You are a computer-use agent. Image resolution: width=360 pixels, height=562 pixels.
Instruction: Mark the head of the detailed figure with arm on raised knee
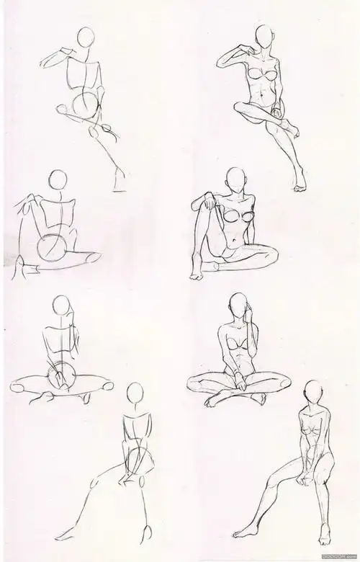234,179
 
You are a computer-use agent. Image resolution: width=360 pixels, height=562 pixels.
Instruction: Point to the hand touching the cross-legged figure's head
248,313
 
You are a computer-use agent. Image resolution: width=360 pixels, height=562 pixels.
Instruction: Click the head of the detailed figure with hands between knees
311,391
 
